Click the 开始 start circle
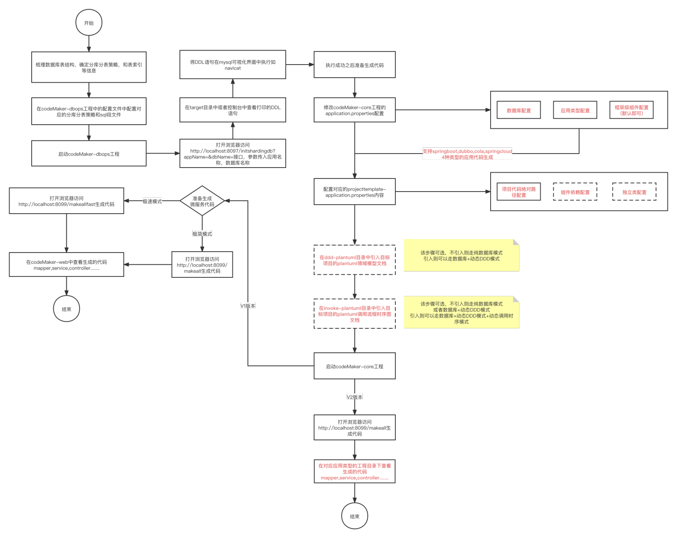[89, 23]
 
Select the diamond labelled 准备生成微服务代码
[202, 201]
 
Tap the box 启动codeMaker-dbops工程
[89, 154]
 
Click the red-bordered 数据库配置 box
[519, 110]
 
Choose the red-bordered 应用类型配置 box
[575, 110]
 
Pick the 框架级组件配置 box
[631, 110]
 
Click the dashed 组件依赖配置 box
[575, 192]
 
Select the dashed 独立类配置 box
[634, 192]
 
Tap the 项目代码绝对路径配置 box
[519, 192]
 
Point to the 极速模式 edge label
[152, 201]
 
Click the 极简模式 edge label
[202, 234]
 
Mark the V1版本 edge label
[248, 306]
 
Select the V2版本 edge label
[355, 397]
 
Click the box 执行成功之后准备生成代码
[355, 65]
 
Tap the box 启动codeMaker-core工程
[355, 366]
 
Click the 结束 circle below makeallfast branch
[67, 309]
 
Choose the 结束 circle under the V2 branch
[355, 516]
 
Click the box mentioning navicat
[233, 65]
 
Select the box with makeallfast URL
[66, 201]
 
